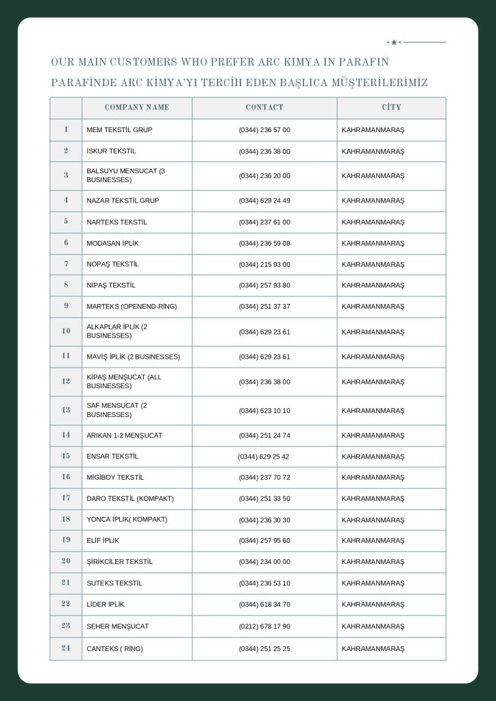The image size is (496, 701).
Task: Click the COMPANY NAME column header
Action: (136, 107)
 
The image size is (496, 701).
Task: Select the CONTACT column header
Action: (264, 107)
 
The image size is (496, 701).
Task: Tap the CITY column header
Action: (391, 107)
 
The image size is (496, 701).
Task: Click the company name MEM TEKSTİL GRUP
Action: (119, 130)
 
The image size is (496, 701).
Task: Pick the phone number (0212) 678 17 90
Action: (264, 626)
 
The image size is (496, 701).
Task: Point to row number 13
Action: (66, 410)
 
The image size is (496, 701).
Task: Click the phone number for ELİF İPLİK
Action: (264, 541)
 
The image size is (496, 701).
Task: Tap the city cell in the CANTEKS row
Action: (373, 648)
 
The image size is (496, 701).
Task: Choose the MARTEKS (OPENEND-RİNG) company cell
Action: (132, 307)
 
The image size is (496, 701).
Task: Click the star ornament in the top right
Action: (394, 42)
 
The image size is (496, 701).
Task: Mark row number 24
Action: (66, 648)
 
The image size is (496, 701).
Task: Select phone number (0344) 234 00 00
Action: (264, 562)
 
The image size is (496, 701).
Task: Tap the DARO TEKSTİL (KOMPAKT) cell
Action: (130, 498)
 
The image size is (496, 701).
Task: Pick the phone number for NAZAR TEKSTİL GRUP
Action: (264, 201)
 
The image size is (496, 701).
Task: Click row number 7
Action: (66, 264)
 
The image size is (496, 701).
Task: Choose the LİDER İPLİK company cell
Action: (106, 604)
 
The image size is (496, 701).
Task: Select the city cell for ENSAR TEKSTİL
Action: (373, 457)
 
